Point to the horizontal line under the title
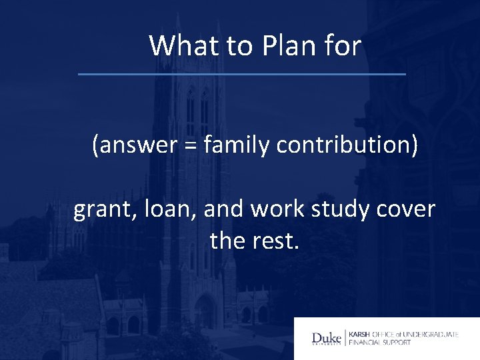(x=241, y=73)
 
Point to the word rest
(x=277, y=240)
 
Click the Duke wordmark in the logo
(x=327, y=338)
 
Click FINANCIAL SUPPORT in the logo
(x=379, y=343)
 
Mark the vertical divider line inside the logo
(x=345, y=338)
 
